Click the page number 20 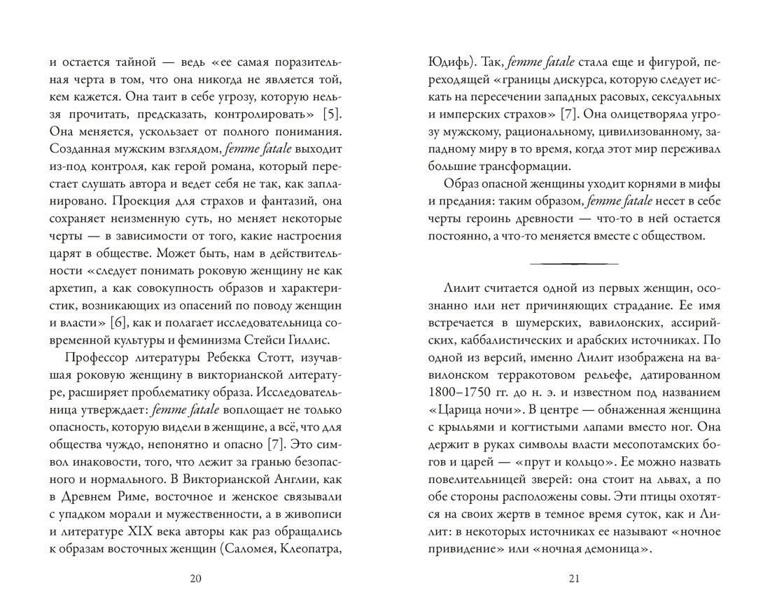(195, 578)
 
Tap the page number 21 (575, 578)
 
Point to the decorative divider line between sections (575, 263)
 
